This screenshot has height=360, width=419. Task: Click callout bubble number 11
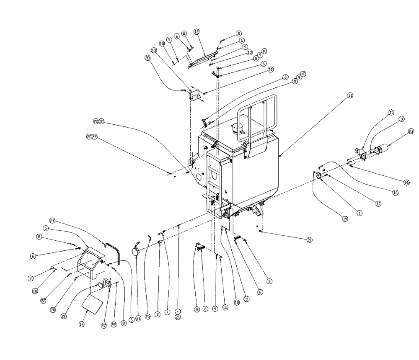point(350,95)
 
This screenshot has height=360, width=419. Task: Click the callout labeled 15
point(391,112)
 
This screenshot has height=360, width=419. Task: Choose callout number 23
point(411,131)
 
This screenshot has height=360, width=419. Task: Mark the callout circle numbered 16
point(406,182)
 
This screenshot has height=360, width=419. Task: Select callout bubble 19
point(345,219)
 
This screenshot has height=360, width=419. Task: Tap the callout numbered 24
point(52,221)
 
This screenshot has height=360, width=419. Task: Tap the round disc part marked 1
point(318,175)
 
